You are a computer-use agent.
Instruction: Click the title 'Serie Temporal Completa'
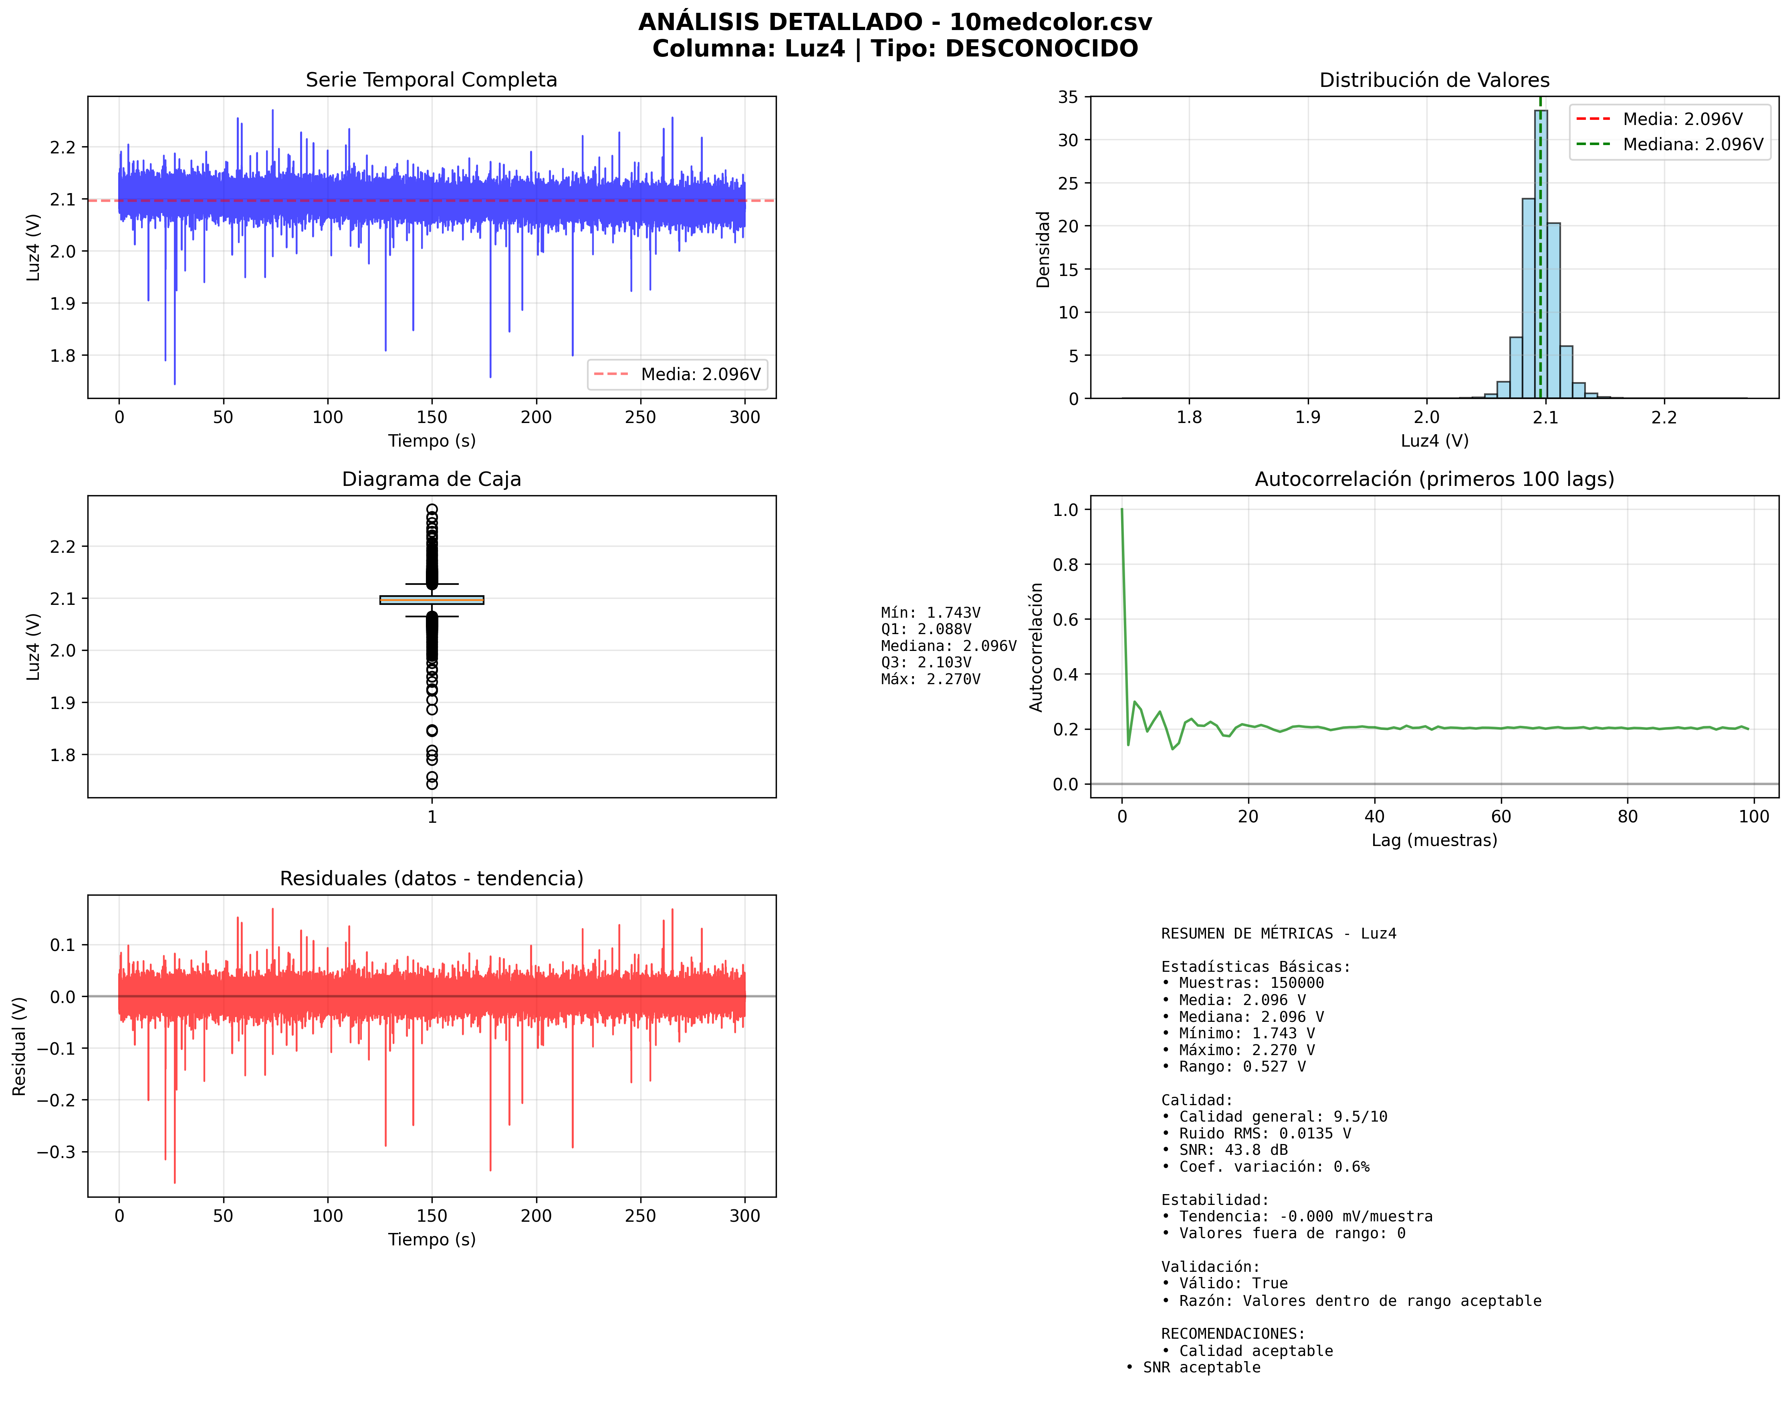(x=431, y=80)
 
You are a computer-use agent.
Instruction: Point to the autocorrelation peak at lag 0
(x=1121, y=510)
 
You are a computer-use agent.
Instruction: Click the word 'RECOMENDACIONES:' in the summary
(x=1232, y=1333)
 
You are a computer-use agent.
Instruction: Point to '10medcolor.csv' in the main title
(x=1050, y=22)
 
